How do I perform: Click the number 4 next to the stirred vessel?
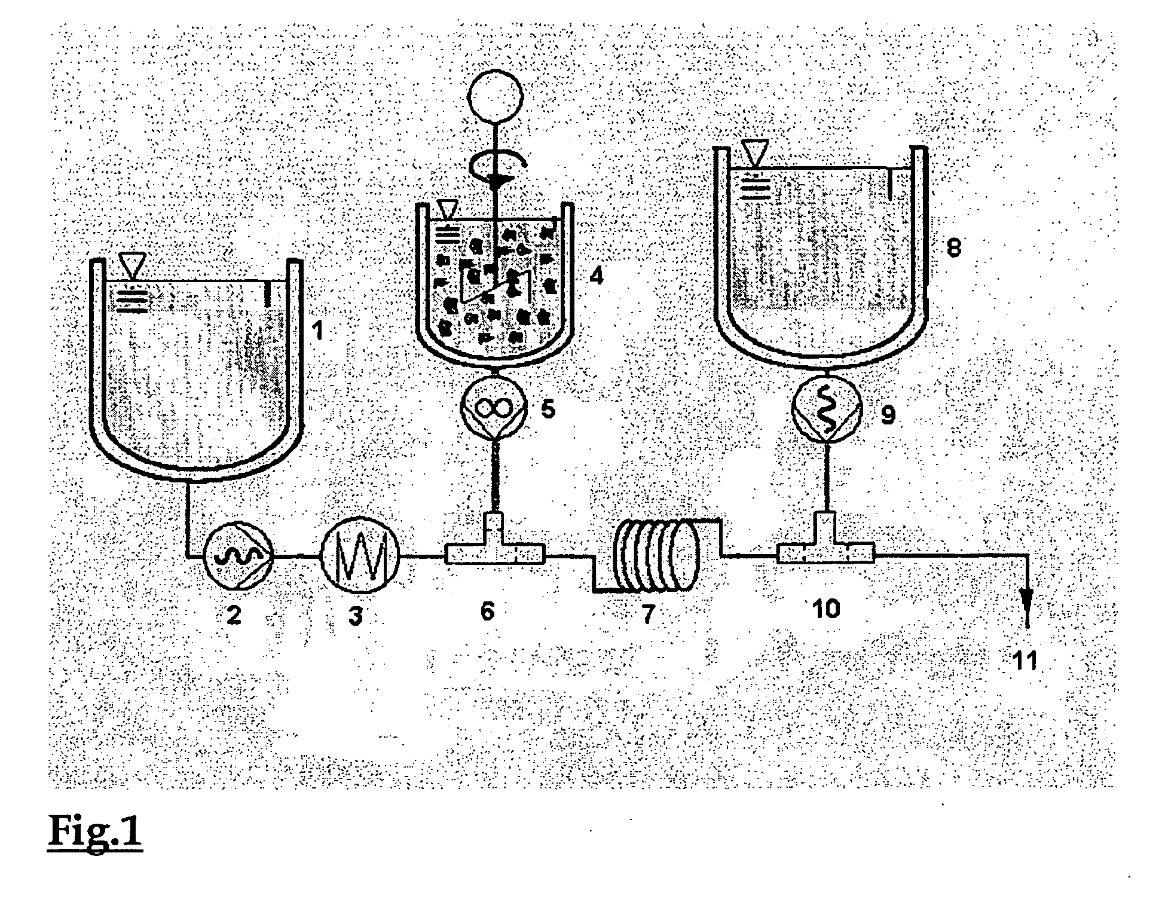click(x=596, y=276)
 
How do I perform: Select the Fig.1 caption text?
click(x=95, y=831)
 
